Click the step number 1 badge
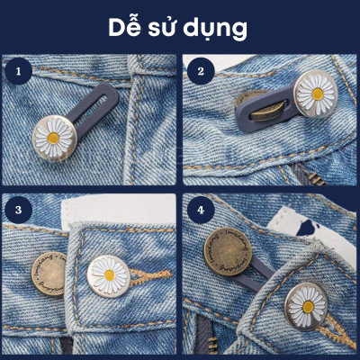point(15,70)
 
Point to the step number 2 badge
point(201,70)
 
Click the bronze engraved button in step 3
point(52,270)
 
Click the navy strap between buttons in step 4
point(270,279)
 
